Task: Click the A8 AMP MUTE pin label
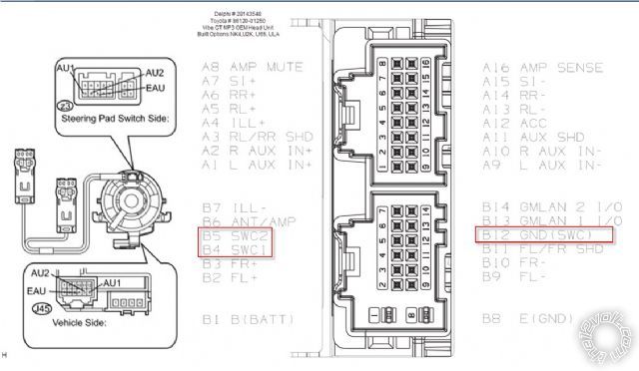point(253,67)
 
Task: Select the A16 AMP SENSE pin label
point(542,67)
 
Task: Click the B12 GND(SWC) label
point(540,234)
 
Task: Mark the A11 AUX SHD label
point(529,136)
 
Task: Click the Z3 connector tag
point(67,104)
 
